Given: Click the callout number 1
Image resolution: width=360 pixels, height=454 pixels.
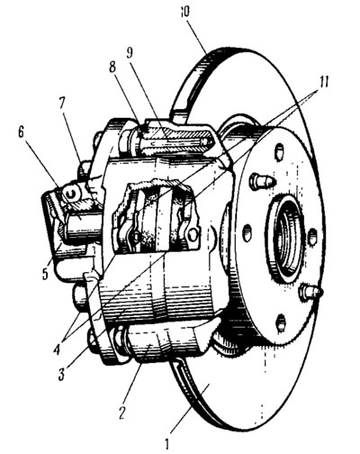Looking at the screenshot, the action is tap(167, 443).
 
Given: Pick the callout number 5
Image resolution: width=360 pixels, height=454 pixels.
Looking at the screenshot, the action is tap(45, 274).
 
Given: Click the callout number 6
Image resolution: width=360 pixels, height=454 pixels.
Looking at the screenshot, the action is tap(21, 132).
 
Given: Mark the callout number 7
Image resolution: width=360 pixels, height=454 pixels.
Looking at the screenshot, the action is tap(61, 103).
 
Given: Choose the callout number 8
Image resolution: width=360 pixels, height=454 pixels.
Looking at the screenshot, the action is tap(112, 67).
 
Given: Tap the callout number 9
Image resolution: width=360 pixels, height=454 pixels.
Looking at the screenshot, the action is tap(130, 53).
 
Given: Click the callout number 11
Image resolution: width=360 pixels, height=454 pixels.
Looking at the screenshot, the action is tap(323, 82).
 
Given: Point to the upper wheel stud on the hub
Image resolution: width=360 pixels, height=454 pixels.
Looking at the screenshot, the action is tap(262, 180).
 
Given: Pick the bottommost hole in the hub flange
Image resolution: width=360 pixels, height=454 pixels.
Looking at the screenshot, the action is tap(281, 323).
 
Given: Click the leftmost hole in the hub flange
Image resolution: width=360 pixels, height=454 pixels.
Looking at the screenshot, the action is tap(247, 233).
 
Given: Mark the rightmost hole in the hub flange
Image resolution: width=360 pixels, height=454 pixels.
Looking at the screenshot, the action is tap(312, 236).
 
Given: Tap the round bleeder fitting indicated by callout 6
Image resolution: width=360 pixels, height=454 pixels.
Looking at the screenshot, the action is tap(71, 195).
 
